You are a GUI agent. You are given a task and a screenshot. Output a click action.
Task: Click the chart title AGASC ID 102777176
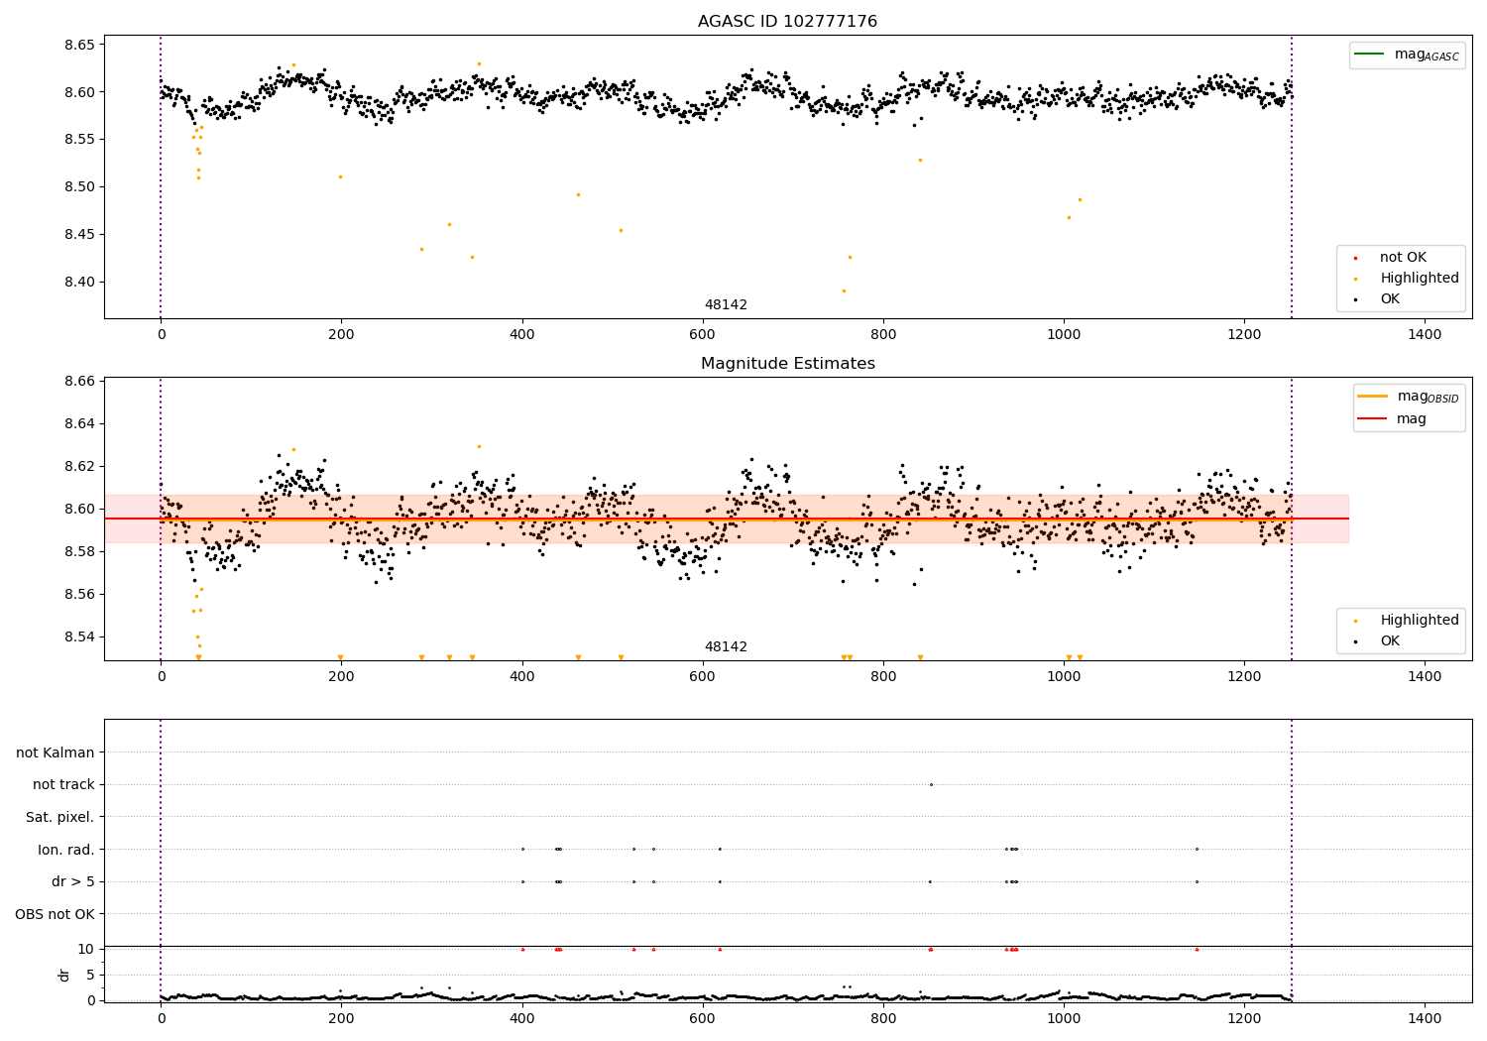787,22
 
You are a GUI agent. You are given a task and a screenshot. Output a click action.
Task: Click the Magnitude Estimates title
787,364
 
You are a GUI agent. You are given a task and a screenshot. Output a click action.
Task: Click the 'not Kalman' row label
56,752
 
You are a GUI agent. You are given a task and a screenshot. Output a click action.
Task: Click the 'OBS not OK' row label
55,914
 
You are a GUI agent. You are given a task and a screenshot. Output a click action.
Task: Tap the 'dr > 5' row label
73,881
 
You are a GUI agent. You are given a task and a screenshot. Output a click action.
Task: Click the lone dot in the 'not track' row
931,784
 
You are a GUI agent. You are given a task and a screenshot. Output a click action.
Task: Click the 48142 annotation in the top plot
726,305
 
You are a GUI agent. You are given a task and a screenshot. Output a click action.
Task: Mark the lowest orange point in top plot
844,290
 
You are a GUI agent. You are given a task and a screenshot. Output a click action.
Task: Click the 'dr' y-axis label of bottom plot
64,975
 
